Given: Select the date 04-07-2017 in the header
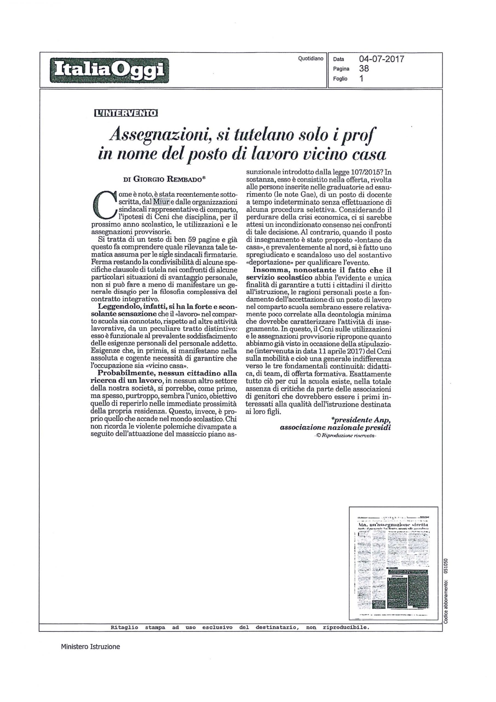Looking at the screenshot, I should coord(381,59).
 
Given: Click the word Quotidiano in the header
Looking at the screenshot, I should coord(310,58).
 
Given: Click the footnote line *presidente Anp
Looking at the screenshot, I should coord(361,420).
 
